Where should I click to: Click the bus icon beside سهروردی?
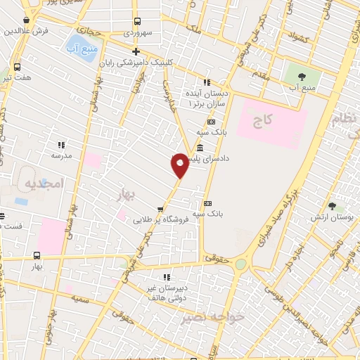(136, 21)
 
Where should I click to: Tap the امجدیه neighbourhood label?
(44, 183)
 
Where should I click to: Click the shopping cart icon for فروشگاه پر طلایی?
(160, 209)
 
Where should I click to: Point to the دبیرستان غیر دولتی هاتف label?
(167, 287)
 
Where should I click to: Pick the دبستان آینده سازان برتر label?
(207, 98)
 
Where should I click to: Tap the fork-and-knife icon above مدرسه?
(61, 145)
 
